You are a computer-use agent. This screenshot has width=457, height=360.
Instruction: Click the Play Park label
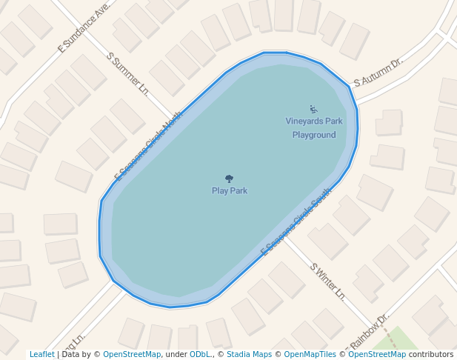[x=229, y=191]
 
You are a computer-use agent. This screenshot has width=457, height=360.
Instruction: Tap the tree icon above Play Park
[x=229, y=179]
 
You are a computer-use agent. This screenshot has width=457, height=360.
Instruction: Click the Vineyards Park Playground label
[x=314, y=127]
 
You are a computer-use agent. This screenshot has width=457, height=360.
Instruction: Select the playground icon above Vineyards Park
[x=313, y=109]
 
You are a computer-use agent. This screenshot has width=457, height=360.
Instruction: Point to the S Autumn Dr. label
[x=377, y=73]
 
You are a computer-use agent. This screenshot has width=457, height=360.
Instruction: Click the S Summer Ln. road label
[x=128, y=73]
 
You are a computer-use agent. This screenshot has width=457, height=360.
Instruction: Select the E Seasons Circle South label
[x=296, y=222]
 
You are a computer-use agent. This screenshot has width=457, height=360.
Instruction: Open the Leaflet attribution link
[x=41, y=355]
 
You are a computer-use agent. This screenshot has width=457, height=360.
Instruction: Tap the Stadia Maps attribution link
[x=249, y=355]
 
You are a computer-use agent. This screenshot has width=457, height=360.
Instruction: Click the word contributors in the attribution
[x=431, y=355]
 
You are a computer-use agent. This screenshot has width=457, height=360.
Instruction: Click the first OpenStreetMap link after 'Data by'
[x=132, y=355]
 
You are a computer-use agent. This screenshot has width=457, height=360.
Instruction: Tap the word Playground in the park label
[x=314, y=135]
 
